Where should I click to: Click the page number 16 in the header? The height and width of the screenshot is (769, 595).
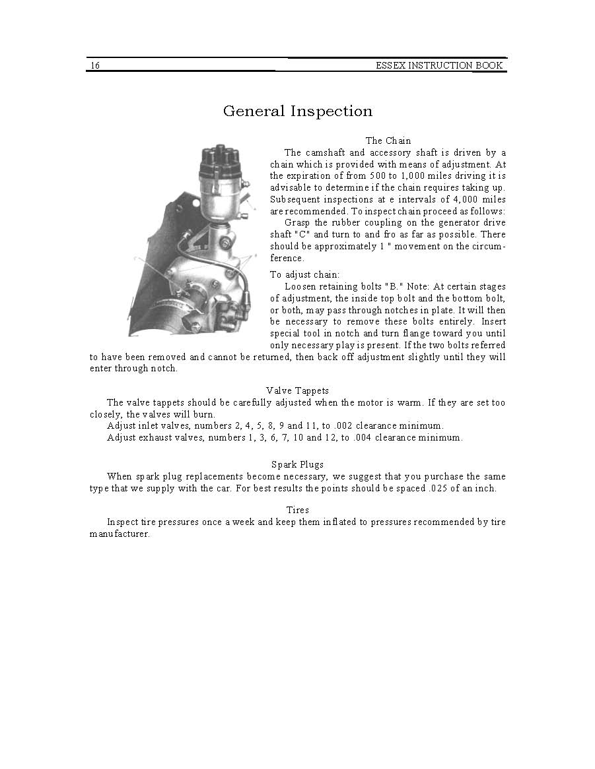pos(95,65)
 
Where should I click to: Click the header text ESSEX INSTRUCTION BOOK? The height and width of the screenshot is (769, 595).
pos(439,65)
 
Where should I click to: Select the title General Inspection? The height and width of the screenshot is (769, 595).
pos(297,111)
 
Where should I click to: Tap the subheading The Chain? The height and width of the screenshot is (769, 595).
pos(388,140)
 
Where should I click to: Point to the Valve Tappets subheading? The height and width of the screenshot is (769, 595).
pos(297,390)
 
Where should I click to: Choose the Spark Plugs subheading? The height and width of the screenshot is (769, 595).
pos(297,464)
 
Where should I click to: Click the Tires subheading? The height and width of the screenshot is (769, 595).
pos(297,510)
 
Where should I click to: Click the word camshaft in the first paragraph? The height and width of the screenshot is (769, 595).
pos(326,152)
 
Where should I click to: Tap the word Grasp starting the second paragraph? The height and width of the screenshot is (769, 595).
pos(298,223)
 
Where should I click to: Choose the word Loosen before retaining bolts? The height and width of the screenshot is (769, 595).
pos(301,287)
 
